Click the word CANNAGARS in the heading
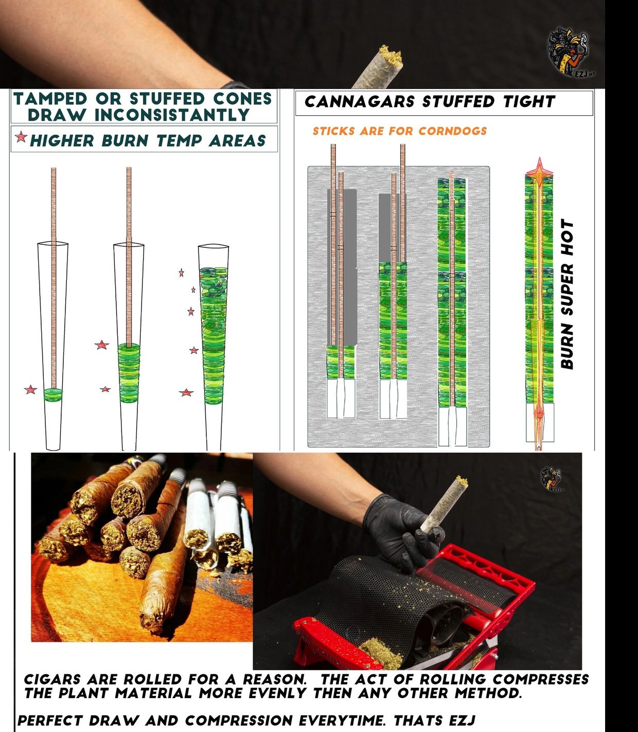pos(359,102)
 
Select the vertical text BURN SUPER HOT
pos(567,294)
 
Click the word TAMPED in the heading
pos(50,99)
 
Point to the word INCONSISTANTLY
pos(172,115)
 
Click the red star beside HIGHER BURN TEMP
pos(21,137)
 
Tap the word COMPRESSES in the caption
pos(540,679)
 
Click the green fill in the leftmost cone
pos(53,395)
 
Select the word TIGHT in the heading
pos(529,102)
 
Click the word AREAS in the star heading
pos(238,140)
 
